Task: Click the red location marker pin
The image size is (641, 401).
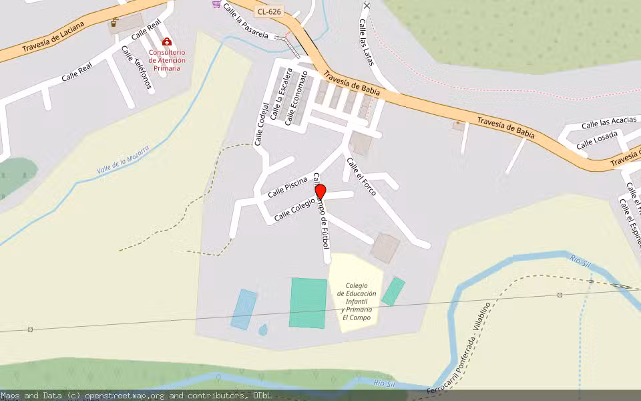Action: (320, 192)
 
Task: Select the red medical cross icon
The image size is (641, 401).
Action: (167, 41)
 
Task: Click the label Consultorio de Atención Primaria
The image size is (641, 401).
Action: (167, 59)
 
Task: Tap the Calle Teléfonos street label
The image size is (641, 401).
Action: (136, 67)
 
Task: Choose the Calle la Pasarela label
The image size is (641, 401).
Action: (246, 20)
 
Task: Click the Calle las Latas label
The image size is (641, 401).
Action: (365, 41)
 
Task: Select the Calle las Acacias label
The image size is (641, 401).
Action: (608, 123)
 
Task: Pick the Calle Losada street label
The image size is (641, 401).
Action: (597, 140)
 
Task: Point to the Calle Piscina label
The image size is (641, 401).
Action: (287, 187)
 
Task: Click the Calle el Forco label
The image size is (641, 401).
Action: (361, 176)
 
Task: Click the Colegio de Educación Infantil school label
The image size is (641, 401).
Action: (357, 301)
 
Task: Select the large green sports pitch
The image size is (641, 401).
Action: (308, 303)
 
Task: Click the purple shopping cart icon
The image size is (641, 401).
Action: (216, 3)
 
